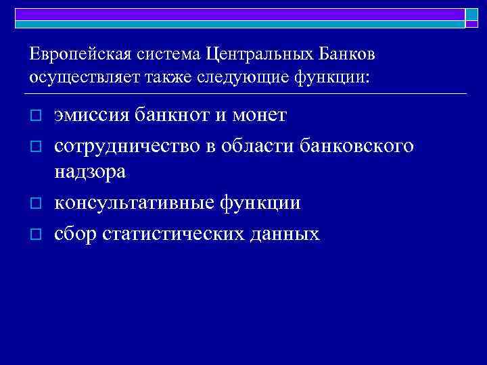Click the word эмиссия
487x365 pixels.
point(89,116)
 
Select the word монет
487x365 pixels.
point(260,116)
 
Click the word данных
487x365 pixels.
point(286,234)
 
